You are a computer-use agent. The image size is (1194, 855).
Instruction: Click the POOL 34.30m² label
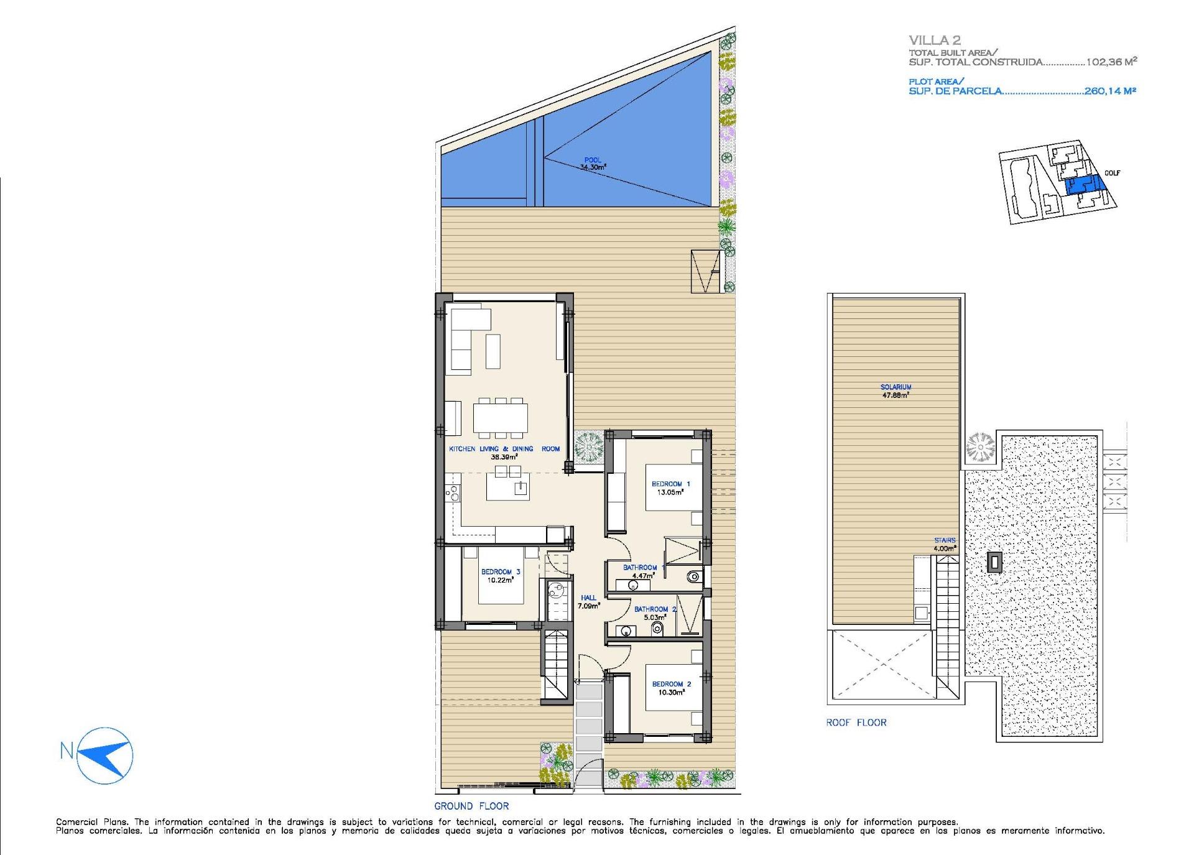pos(593,164)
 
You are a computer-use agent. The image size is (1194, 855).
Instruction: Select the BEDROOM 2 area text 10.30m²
pos(672,692)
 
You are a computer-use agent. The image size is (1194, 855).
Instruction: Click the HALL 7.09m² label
pos(588,601)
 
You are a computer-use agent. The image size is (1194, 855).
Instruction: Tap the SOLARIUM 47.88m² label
pos(896,391)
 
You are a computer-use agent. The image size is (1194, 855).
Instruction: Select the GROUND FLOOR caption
pos(471,806)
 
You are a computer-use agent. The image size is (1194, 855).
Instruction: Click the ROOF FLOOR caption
pos(856,723)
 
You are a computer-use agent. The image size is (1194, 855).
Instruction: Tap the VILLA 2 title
pos(934,40)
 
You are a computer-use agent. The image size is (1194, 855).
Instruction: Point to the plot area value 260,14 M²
pos(1111,91)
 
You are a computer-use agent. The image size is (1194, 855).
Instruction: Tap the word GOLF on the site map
pos(1112,173)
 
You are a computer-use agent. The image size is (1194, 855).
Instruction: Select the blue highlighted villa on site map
pos(1083,185)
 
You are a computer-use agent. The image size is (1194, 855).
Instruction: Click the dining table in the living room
pos(500,418)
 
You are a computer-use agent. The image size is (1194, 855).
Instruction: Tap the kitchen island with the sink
pos(507,487)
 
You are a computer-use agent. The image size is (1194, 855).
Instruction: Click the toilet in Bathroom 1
pos(693,577)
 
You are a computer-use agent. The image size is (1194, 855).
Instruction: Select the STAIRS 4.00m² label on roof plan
pos(944,544)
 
